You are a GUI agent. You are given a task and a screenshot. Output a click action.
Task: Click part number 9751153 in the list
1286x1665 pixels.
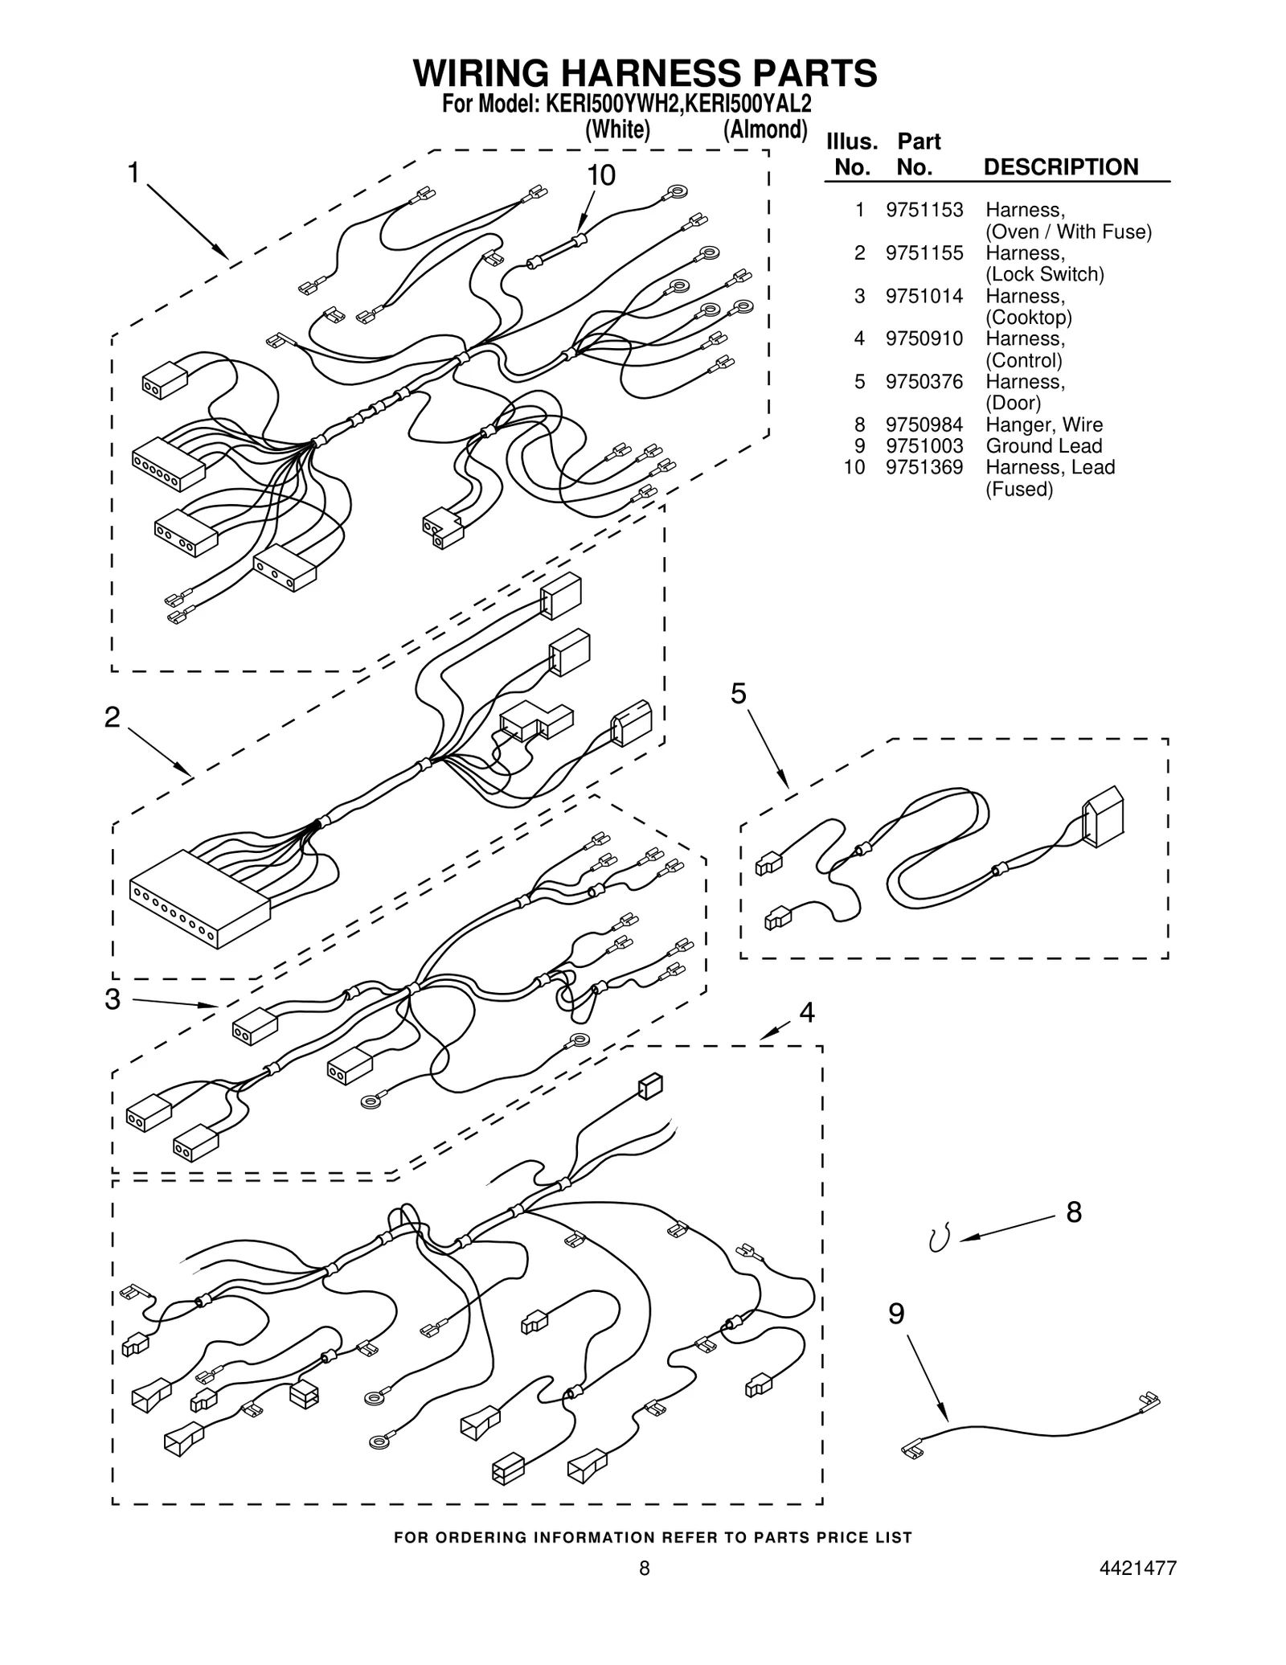[924, 211]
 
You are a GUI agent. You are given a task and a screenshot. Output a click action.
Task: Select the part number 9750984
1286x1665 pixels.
[924, 424]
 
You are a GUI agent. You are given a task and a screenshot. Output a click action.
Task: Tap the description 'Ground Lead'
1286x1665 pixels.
[1043, 446]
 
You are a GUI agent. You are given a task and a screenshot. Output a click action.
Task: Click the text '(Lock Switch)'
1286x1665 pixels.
[1044, 274]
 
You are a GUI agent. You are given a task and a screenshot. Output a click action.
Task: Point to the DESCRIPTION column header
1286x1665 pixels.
[1060, 167]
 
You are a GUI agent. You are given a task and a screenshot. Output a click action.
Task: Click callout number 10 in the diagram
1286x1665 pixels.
[600, 175]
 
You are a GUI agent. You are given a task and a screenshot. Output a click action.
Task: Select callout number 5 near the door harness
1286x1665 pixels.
[738, 693]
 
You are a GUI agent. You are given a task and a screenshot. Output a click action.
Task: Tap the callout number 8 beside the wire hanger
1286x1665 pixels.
[1074, 1212]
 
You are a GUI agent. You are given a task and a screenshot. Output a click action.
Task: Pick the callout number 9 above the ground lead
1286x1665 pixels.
[896, 1314]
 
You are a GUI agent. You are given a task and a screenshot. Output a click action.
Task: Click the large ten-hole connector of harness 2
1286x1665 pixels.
[199, 899]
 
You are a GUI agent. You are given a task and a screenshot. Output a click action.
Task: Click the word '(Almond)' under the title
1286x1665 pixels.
[764, 129]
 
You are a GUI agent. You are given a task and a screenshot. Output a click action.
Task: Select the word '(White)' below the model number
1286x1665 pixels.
[617, 129]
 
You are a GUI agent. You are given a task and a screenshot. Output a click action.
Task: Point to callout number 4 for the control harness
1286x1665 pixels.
[806, 1012]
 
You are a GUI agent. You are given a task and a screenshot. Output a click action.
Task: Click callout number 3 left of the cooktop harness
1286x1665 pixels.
[113, 999]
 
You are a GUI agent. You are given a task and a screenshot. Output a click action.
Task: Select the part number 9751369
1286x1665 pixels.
[924, 468]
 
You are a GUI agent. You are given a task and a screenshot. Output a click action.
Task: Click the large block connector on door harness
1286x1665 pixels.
[1103, 817]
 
